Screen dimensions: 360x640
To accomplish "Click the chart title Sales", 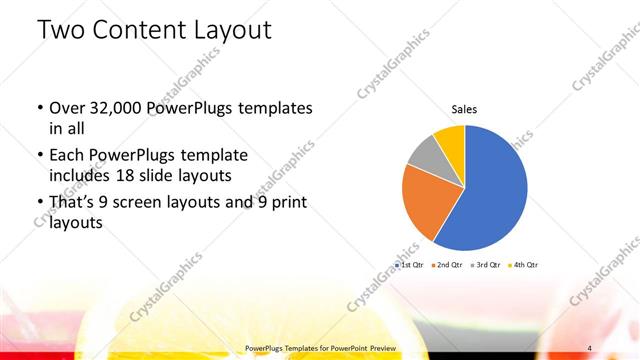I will pos(464,108).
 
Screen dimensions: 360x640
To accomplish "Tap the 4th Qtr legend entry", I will pos(524,264).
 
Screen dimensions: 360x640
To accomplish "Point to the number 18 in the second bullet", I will pos(146,176).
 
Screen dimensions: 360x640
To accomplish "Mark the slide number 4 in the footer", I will pos(590,347).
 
